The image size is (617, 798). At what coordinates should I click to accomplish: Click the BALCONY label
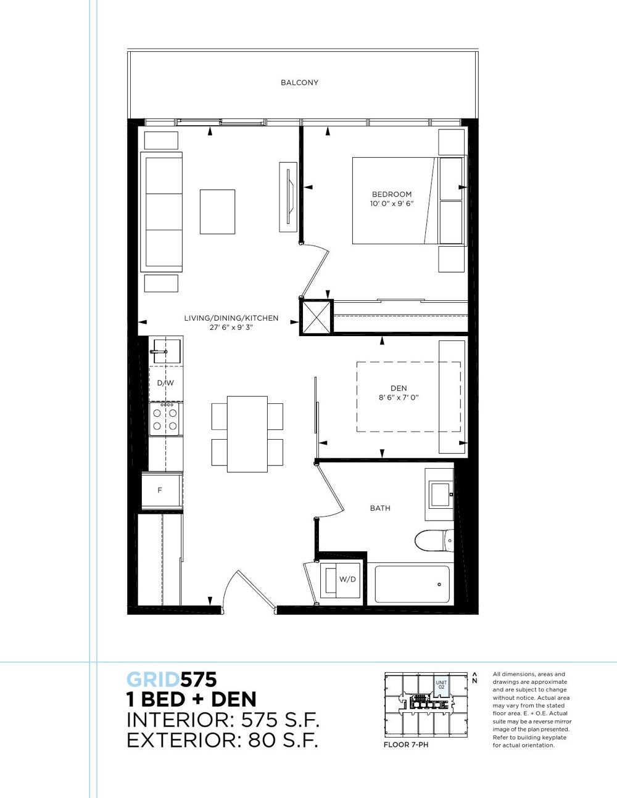[x=299, y=83]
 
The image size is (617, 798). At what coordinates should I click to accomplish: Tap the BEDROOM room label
[x=392, y=194]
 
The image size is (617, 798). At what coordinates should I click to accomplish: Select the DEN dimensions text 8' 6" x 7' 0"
[x=399, y=397]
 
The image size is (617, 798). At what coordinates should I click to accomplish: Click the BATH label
[x=380, y=508]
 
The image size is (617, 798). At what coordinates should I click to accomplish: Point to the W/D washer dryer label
[x=347, y=580]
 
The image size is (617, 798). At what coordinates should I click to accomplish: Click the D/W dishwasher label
[x=165, y=383]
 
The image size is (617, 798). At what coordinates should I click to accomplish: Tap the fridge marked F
[x=162, y=492]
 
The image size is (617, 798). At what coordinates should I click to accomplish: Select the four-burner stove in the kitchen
[x=164, y=419]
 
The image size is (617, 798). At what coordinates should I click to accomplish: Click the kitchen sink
[x=167, y=352]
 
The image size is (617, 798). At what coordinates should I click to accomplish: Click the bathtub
[x=412, y=584]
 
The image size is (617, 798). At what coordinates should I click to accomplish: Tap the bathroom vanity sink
[x=439, y=495]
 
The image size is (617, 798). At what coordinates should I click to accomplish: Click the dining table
[x=247, y=434]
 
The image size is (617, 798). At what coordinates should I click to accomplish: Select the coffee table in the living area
[x=217, y=212]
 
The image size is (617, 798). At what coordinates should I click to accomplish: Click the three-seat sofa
[x=162, y=212]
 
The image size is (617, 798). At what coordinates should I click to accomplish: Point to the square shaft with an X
[x=316, y=316]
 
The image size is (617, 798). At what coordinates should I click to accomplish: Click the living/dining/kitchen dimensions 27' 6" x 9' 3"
[x=231, y=327]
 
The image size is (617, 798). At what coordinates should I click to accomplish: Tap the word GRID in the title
[x=153, y=680]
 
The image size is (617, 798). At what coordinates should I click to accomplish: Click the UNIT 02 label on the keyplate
[x=441, y=685]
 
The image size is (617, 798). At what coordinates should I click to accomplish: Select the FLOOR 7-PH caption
[x=406, y=745]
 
